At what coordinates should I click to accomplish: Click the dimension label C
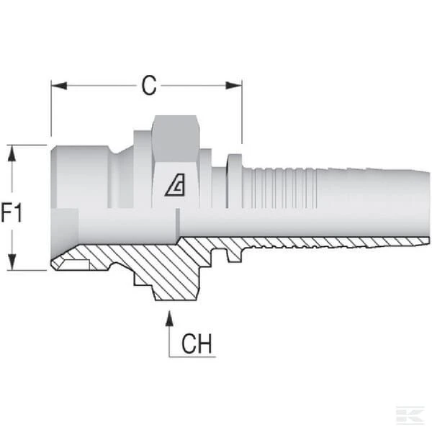click(x=149, y=86)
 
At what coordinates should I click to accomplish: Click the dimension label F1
click(x=12, y=212)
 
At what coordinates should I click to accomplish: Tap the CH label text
click(x=197, y=343)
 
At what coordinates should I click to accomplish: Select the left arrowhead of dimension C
click(x=59, y=86)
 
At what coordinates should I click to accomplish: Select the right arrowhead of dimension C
click(x=234, y=86)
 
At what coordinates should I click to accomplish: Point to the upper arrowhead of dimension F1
click(x=12, y=153)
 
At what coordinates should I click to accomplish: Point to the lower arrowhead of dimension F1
click(x=12, y=262)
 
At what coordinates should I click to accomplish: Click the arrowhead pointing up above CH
click(x=169, y=319)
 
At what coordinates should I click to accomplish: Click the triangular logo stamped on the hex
click(x=175, y=185)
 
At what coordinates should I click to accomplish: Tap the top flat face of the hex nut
click(x=176, y=139)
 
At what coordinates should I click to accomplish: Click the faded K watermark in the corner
click(x=410, y=415)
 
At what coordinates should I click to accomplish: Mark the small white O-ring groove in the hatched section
click(x=75, y=265)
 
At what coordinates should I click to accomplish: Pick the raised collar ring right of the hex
click(x=235, y=181)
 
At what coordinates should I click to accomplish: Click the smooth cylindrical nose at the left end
click(x=80, y=177)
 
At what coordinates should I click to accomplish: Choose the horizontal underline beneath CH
click(x=192, y=357)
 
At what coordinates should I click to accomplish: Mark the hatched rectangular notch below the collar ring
click(x=234, y=256)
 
